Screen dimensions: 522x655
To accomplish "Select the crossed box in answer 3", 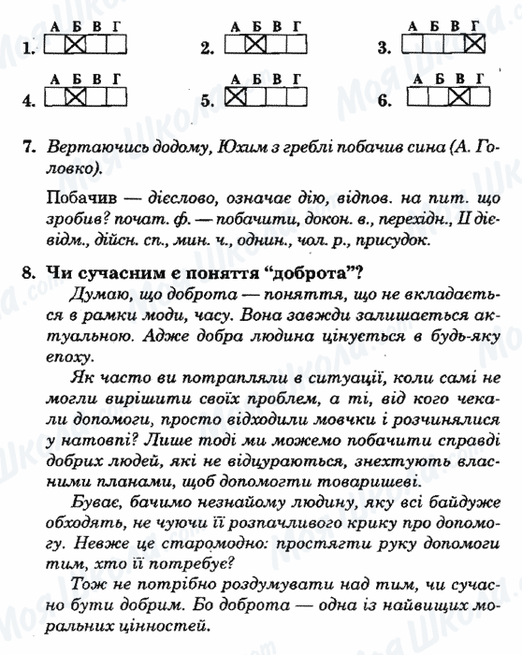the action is click(475, 44).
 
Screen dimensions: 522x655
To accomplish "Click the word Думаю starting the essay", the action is click(92, 294).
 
